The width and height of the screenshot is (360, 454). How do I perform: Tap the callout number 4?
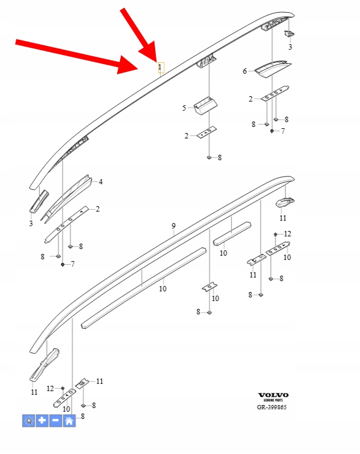pyautogui.click(x=100, y=182)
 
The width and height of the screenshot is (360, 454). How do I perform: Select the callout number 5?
pyautogui.click(x=184, y=108)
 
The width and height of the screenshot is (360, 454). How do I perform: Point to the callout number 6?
pyautogui.click(x=245, y=71)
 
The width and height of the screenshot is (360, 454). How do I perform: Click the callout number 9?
pyautogui.click(x=173, y=226)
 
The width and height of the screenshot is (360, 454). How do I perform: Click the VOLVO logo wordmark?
pyautogui.click(x=273, y=395)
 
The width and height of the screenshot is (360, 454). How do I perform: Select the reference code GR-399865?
pyautogui.click(x=272, y=407)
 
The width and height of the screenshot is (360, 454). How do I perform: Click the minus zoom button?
pyautogui.click(x=56, y=420)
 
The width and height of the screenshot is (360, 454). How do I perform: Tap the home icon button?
pyautogui.click(x=69, y=420)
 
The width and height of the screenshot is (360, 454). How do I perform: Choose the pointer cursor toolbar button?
pyautogui.click(x=28, y=420)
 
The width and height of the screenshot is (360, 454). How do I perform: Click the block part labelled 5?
pyautogui.click(x=205, y=105)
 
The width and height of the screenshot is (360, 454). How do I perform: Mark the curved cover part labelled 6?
pyautogui.click(x=272, y=69)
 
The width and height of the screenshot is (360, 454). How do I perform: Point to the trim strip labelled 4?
pyautogui.click(x=66, y=198)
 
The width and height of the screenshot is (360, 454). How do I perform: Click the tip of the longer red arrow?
pyautogui.click(x=138, y=70)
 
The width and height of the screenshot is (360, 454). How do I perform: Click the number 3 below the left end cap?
pyautogui.click(x=31, y=224)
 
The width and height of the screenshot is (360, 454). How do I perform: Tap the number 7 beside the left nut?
pyautogui.click(x=72, y=264)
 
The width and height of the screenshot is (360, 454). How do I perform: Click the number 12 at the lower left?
pyautogui.click(x=50, y=389)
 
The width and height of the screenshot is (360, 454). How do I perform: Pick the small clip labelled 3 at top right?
pyautogui.click(x=289, y=34)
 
